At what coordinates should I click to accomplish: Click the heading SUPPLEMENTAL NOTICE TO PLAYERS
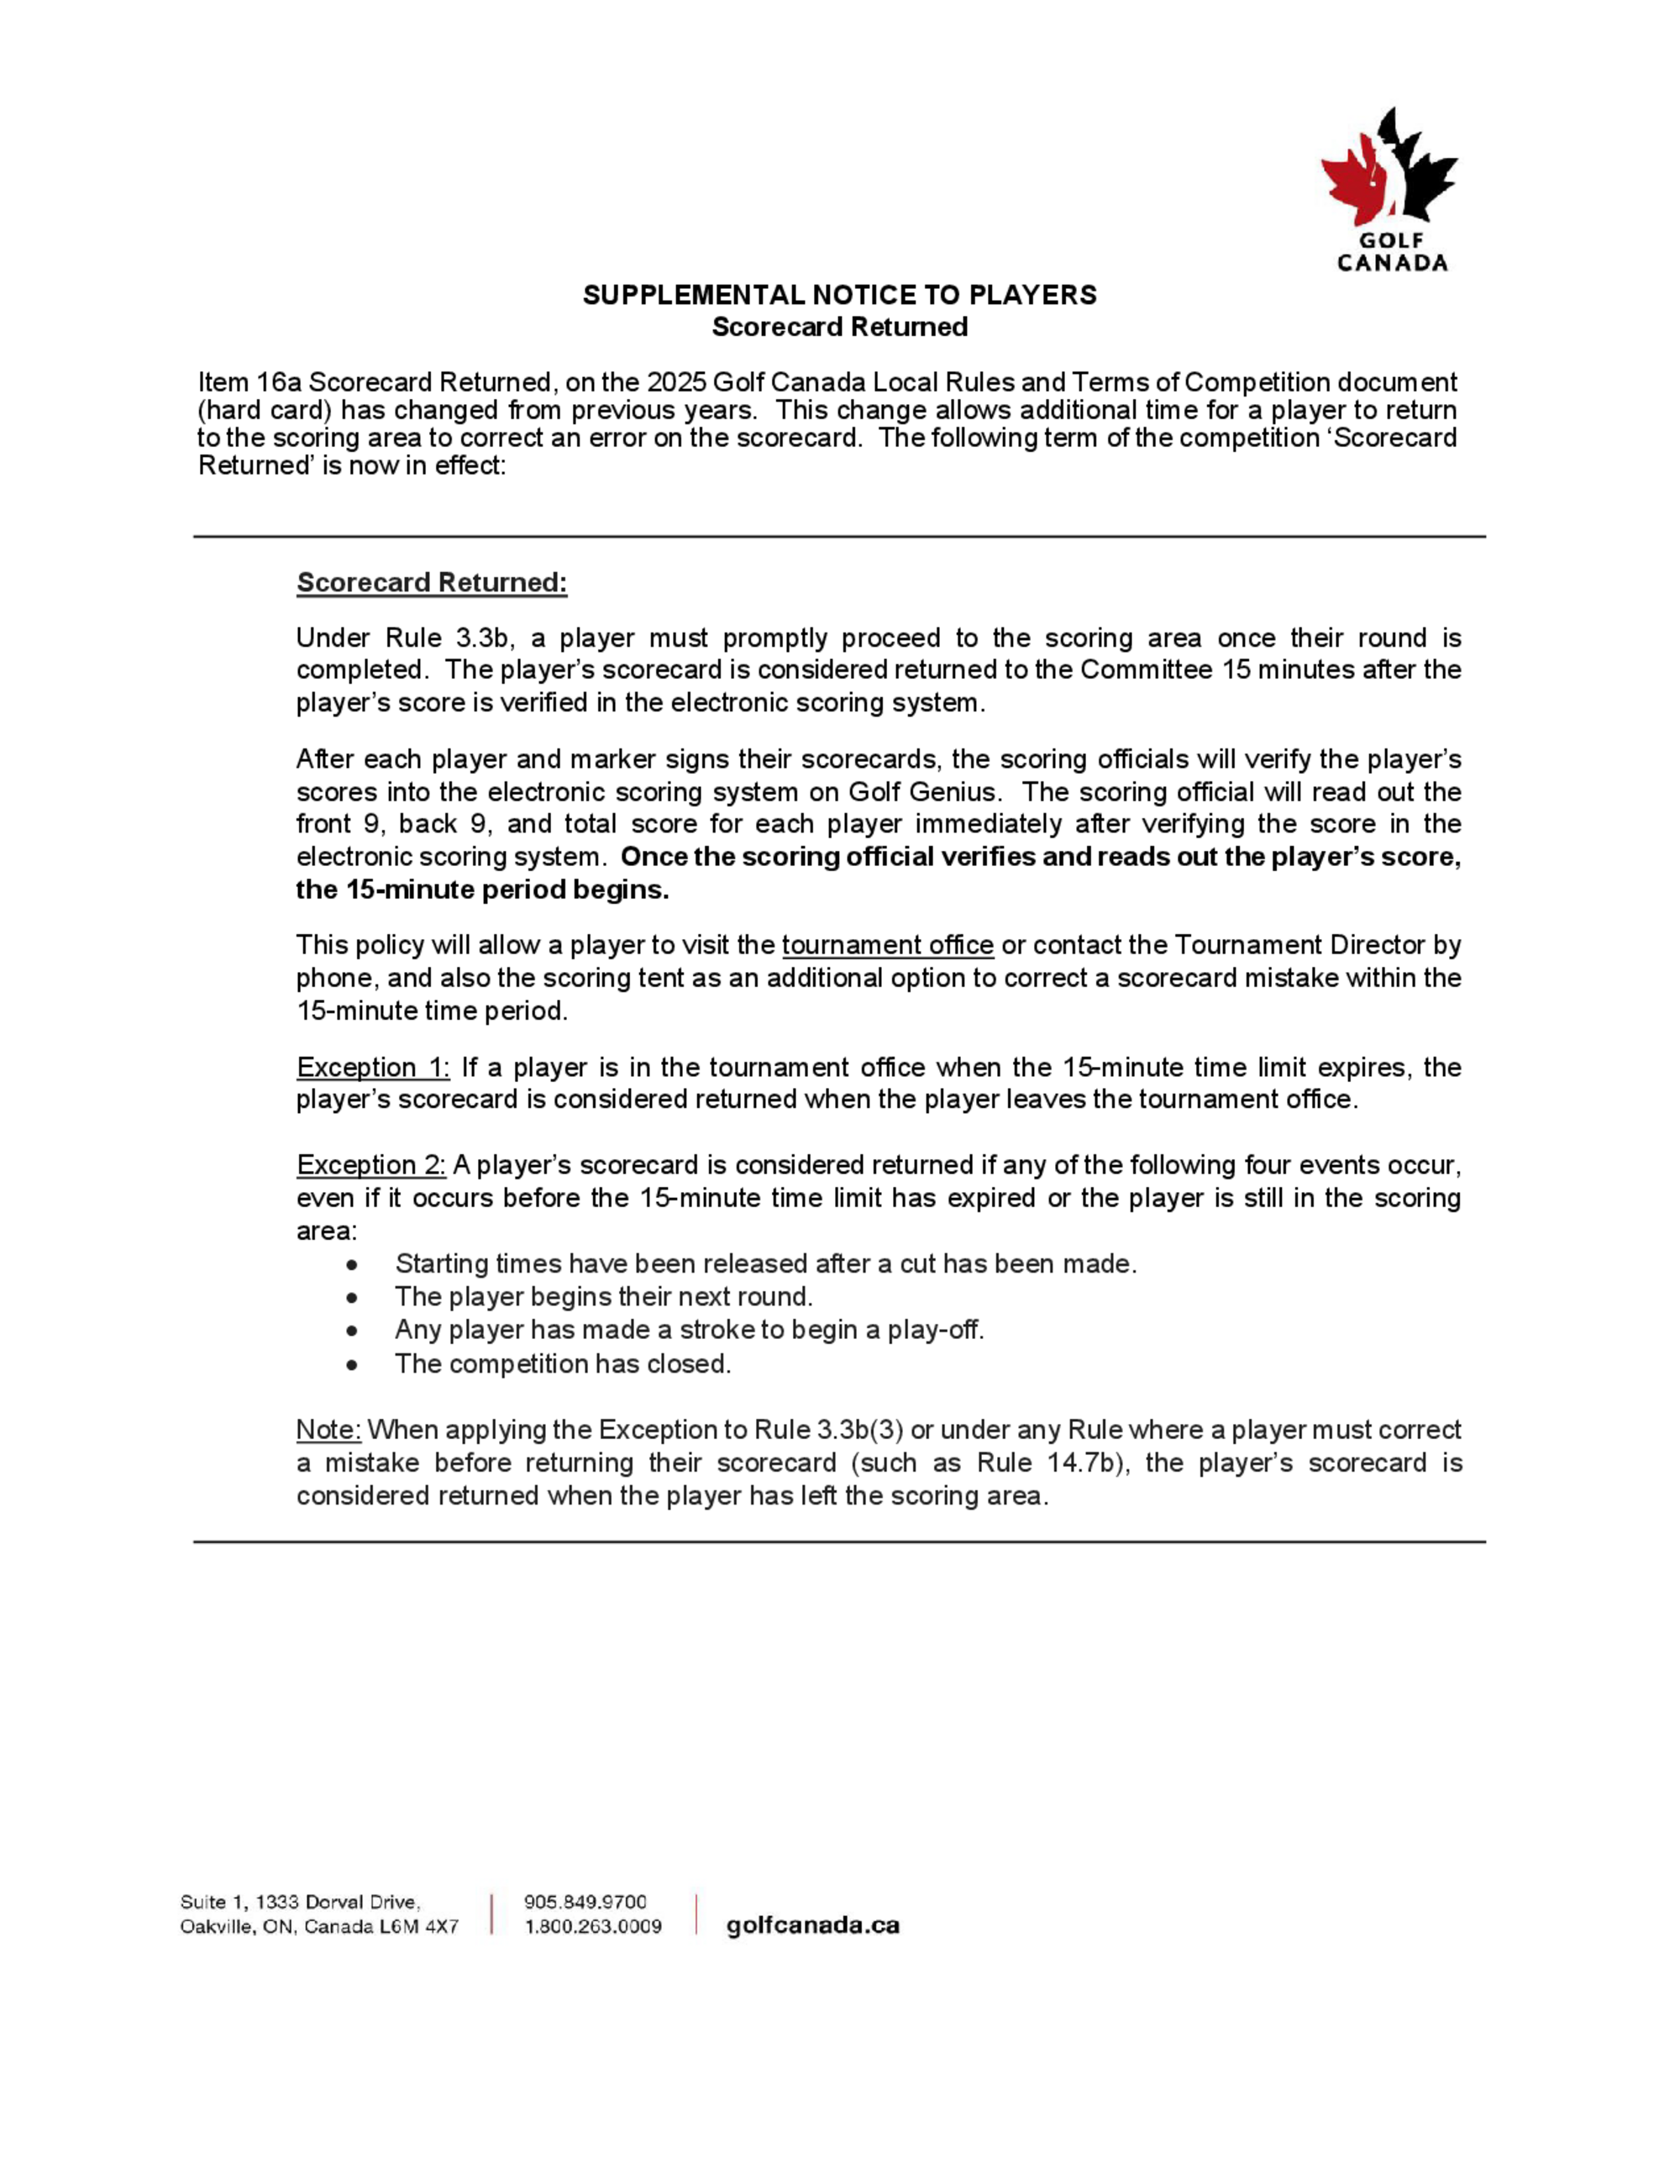pyautogui.click(x=839, y=295)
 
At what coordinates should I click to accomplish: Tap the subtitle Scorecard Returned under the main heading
pyautogui.click(x=839, y=327)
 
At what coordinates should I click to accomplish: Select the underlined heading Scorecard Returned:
pyautogui.click(x=432, y=582)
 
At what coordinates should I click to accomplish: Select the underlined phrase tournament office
pyautogui.click(x=888, y=945)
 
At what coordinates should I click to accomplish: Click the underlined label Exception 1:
pyautogui.click(x=373, y=1067)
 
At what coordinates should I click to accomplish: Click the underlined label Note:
pyautogui.click(x=328, y=1430)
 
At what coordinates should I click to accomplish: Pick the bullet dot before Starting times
pyautogui.click(x=352, y=1264)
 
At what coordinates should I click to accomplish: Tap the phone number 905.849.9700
pyautogui.click(x=585, y=1902)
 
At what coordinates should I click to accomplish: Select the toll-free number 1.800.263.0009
pyautogui.click(x=593, y=1926)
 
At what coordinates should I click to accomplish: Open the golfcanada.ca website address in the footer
pyautogui.click(x=812, y=1925)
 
